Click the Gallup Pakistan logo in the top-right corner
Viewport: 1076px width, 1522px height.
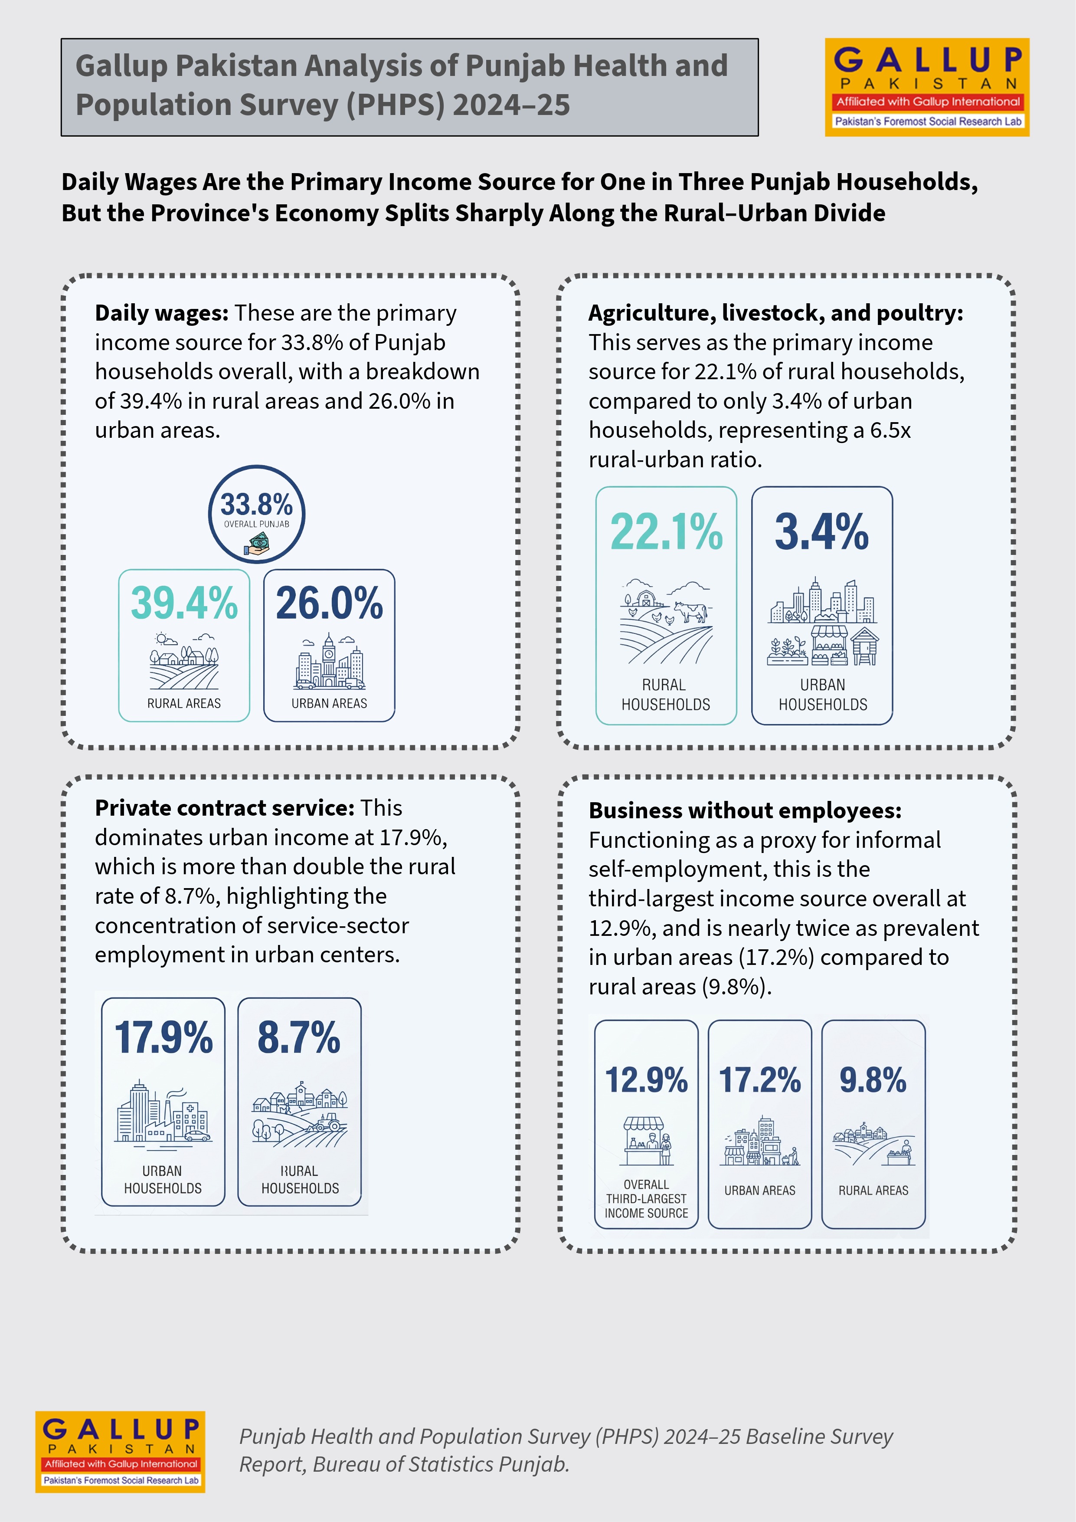pyautogui.click(x=927, y=87)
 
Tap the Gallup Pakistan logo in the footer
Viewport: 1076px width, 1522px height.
pyautogui.click(x=120, y=1452)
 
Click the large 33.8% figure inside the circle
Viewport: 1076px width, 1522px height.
pyautogui.click(x=256, y=505)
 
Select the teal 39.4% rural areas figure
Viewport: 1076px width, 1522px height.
pyautogui.click(x=184, y=603)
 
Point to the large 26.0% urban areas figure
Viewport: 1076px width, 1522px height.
pyautogui.click(x=329, y=603)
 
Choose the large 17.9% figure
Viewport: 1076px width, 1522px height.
pyautogui.click(x=164, y=1037)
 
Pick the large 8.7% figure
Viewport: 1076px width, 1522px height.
pyautogui.click(x=299, y=1037)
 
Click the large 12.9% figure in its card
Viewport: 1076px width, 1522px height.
pyautogui.click(x=646, y=1080)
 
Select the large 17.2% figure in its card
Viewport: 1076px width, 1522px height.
pyautogui.click(x=760, y=1080)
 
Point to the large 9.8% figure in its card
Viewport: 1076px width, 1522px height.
pyautogui.click(x=873, y=1080)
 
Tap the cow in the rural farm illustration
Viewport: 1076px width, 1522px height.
pyautogui.click(x=692, y=611)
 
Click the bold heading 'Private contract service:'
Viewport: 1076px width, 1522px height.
pyautogui.click(x=225, y=808)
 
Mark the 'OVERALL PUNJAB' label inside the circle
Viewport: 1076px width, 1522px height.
pyautogui.click(x=256, y=524)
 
